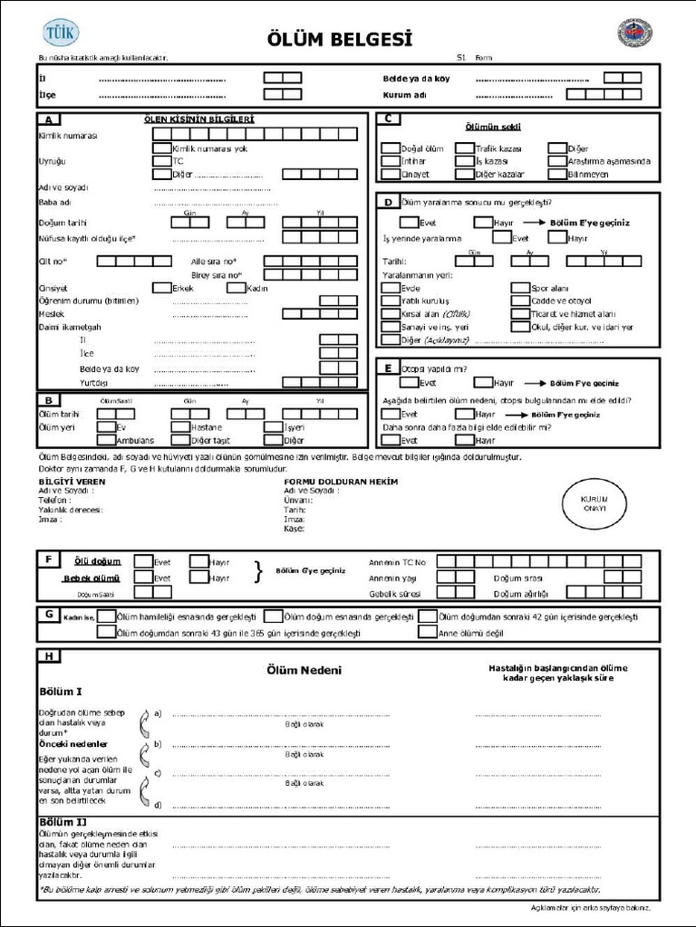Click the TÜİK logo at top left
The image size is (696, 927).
point(61,33)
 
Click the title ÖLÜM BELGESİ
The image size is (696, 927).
point(340,39)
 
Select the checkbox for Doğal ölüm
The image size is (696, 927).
point(390,148)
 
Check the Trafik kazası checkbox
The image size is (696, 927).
point(464,148)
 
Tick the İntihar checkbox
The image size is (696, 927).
point(390,161)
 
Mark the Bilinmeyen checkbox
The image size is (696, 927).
point(556,174)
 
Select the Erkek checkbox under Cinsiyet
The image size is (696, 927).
point(161,288)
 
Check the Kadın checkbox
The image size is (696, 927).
point(236,288)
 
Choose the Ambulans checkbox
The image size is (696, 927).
point(106,441)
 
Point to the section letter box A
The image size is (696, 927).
point(47,119)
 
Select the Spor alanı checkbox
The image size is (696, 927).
point(519,289)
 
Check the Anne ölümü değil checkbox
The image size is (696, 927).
point(428,633)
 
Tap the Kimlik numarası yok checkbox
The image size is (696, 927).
point(161,148)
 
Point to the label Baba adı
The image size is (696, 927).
point(54,203)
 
